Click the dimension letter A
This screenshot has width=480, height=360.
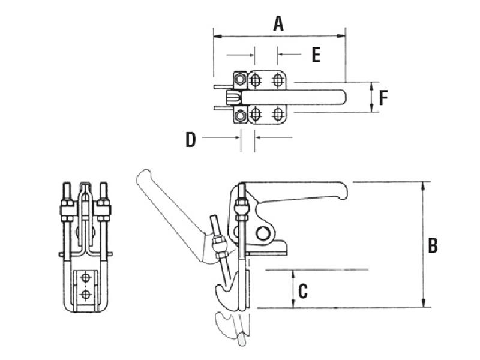coord(278,23)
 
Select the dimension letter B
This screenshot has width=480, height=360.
coord(433,245)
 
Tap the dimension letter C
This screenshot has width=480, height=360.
coord(303,292)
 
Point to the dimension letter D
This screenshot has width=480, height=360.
coord(190,140)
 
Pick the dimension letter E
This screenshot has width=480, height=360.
coord(316,55)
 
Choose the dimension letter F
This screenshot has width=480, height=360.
coord(384,97)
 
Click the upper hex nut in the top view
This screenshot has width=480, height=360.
coord(240,79)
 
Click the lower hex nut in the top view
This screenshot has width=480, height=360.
coord(240,115)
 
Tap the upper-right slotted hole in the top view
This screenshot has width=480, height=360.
coord(277,79)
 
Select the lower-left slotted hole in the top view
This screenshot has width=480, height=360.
coord(256,114)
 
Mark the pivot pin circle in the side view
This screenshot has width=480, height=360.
coord(263,233)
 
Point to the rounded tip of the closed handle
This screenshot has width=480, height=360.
coord(342,191)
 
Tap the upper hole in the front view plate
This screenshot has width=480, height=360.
coord(86,278)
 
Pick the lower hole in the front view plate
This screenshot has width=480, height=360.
coord(86,294)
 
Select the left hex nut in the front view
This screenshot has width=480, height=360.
coord(67,209)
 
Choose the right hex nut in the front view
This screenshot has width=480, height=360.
coord(103,209)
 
